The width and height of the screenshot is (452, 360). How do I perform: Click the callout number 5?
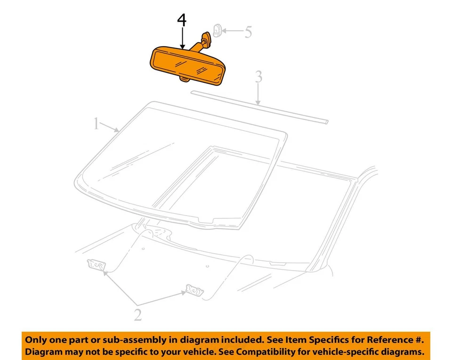coord(248,32)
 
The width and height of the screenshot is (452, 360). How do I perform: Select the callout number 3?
coord(258,77)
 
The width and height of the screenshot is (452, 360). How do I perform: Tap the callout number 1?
coord(96,124)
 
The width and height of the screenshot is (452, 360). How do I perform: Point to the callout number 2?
coord(137,315)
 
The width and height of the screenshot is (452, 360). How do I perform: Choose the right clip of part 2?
coord(194,289)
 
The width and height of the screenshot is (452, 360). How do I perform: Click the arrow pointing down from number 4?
coord(182,40)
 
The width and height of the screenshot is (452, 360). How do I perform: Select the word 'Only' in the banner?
coord(36,340)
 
